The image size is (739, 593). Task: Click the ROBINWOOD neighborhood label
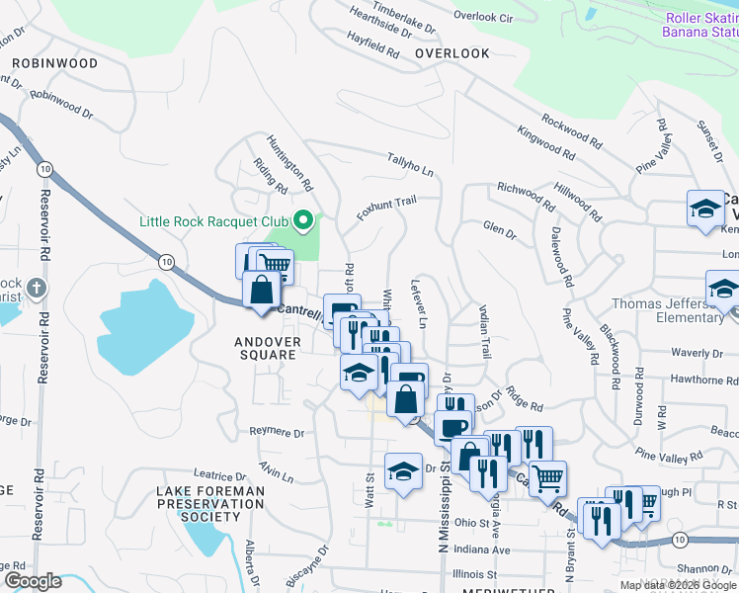(55, 63)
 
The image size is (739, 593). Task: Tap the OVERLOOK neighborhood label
(452, 53)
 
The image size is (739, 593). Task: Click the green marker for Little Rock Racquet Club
(304, 220)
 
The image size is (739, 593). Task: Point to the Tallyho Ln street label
(410, 164)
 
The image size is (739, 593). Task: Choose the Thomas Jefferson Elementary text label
(667, 310)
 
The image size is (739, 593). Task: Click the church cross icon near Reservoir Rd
(36, 289)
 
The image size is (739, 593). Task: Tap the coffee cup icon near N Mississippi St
(452, 427)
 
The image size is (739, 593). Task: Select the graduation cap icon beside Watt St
(402, 472)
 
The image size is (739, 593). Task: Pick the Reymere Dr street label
(276, 432)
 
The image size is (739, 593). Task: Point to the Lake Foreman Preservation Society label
(210, 503)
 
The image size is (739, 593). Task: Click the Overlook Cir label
(483, 17)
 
